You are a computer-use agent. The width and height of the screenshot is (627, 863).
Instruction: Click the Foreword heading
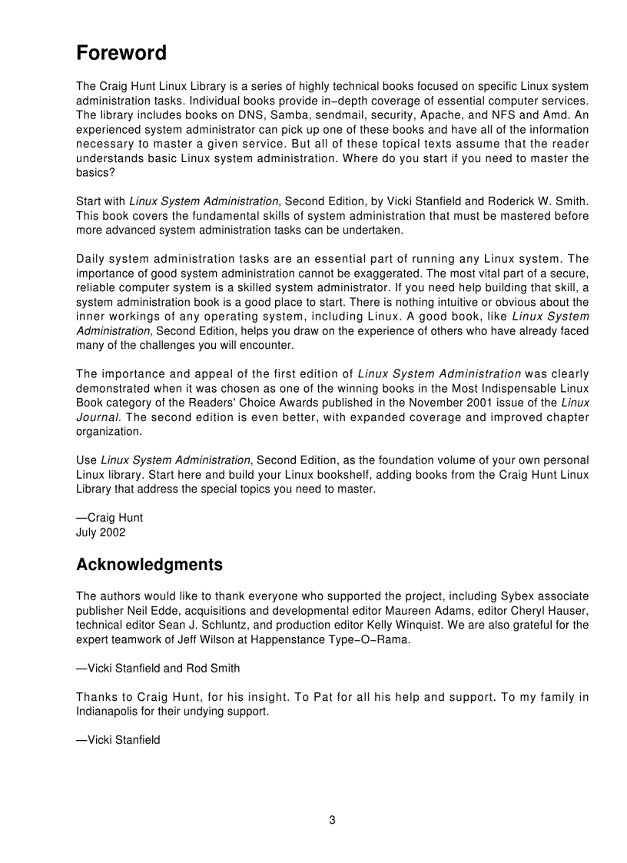click(121, 54)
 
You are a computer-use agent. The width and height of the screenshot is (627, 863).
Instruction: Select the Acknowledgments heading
click(149, 565)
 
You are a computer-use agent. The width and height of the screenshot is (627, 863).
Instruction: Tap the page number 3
click(332, 820)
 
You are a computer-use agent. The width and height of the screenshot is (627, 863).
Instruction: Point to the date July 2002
click(101, 532)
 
